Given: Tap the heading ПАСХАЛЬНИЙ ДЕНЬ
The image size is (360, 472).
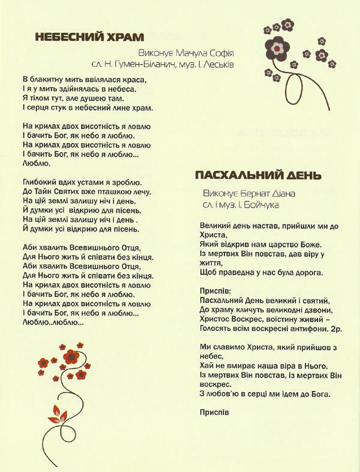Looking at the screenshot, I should pyautogui.click(x=259, y=175).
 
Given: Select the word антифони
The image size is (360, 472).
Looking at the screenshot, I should pyautogui.click(x=298, y=329).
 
